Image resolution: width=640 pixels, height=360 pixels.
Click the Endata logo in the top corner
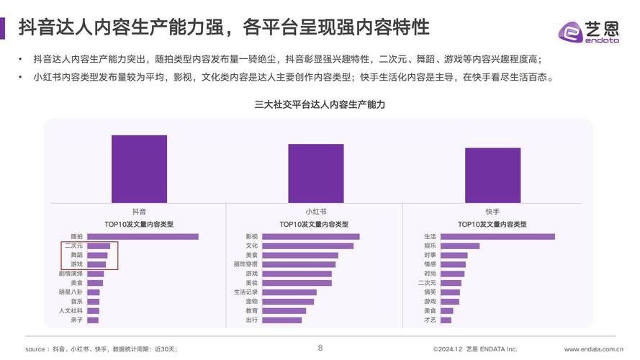pyautogui.click(x=589, y=31)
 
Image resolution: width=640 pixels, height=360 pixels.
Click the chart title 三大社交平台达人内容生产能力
pyautogui.click(x=320, y=104)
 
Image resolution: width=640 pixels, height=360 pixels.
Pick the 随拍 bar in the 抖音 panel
pyautogui.click(x=143, y=236)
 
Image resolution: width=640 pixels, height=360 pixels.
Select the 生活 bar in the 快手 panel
pyautogui.click(x=497, y=236)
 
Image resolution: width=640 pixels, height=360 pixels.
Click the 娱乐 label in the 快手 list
pyautogui.click(x=430, y=246)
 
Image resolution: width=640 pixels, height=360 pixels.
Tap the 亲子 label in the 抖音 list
pyautogui.click(x=76, y=320)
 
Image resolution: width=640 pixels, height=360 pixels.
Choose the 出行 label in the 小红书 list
pyautogui.click(x=252, y=320)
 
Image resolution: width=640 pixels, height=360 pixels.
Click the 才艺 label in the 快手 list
pyautogui.click(x=430, y=320)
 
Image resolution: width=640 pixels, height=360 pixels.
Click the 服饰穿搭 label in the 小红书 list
pyautogui.click(x=245, y=264)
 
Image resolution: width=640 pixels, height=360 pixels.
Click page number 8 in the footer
pyautogui.click(x=320, y=348)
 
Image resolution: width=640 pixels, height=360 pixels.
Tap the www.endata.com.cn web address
pyautogui.click(x=594, y=349)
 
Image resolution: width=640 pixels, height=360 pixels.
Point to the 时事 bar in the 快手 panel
pyautogui.click(x=454, y=255)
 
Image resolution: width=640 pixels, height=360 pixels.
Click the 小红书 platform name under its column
pyautogui.click(x=315, y=212)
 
